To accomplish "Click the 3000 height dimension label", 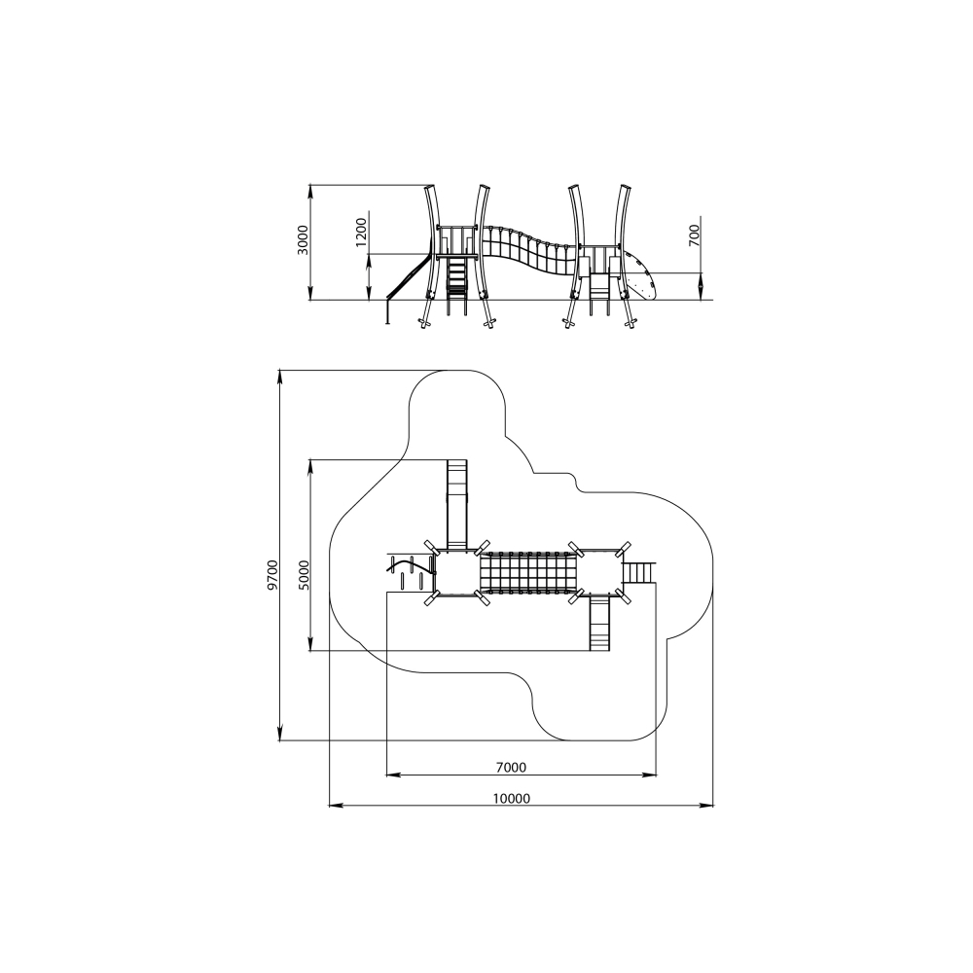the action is click(303, 239).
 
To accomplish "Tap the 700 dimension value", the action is click(695, 235).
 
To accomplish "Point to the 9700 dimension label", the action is click(273, 574).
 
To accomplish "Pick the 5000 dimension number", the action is click(303, 575).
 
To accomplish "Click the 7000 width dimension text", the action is click(511, 768).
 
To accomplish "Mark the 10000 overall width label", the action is click(512, 799).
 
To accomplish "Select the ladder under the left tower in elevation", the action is click(456, 285).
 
